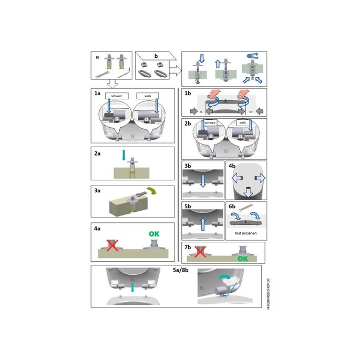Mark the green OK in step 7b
tap(242, 259)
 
